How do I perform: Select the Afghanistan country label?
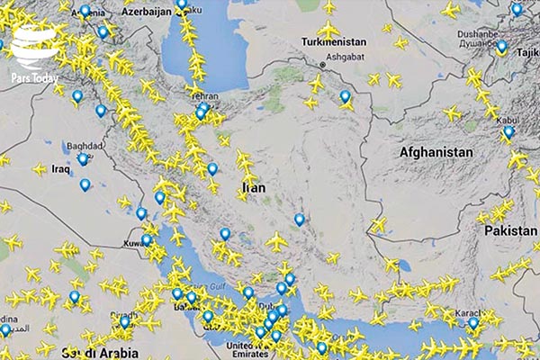pos(436,152)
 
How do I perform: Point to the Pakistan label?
pos(510,231)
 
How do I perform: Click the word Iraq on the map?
pos(61,168)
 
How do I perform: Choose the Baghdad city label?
pos(85,145)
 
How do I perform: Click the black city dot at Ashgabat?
pos(324,65)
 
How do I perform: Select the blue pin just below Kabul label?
pos(508,132)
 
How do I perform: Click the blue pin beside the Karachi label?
pos(473,323)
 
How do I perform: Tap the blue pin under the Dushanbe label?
pos(501,46)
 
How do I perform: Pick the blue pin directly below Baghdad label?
pos(83,158)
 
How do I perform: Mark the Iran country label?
pos(252,189)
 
